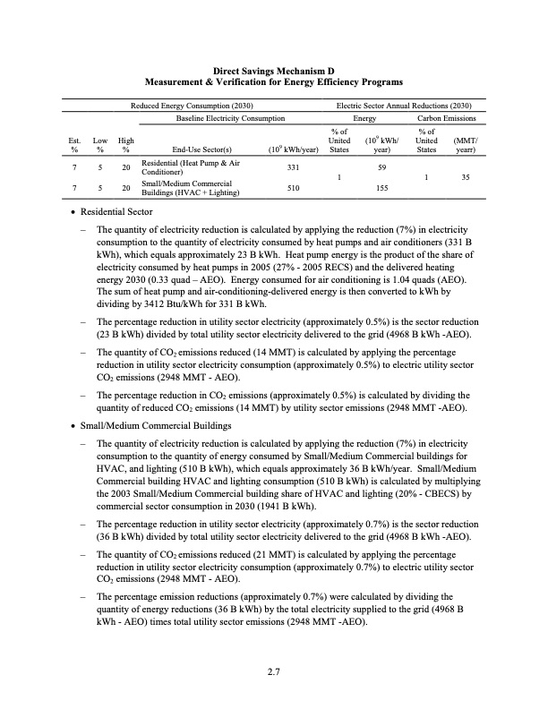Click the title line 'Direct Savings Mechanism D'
click(273, 69)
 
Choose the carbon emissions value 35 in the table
click(466, 178)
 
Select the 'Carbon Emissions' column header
click(447, 118)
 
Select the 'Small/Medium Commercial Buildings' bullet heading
click(154, 425)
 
